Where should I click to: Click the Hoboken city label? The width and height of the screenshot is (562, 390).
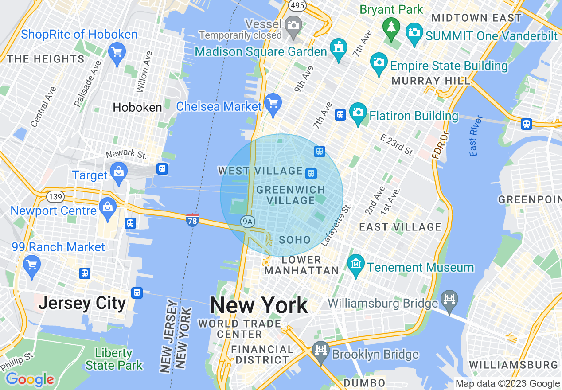pyautogui.click(x=137, y=107)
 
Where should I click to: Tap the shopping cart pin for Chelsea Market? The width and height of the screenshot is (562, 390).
pyautogui.click(x=273, y=104)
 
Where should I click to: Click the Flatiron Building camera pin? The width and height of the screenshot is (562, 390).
pyautogui.click(x=358, y=113)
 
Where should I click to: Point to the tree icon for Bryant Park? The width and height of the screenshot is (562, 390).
pyautogui.click(x=391, y=28)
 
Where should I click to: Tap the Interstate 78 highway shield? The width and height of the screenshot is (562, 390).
pyautogui.click(x=192, y=220)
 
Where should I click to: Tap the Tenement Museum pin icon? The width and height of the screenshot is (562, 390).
pyautogui.click(x=355, y=265)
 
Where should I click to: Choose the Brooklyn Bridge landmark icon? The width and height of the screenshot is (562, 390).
pyautogui.click(x=320, y=351)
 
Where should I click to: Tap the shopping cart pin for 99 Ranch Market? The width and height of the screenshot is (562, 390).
pyautogui.click(x=31, y=265)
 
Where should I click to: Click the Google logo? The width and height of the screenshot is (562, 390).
pyautogui.click(x=30, y=379)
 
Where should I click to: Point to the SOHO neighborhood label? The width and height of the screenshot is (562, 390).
pyautogui.click(x=295, y=240)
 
